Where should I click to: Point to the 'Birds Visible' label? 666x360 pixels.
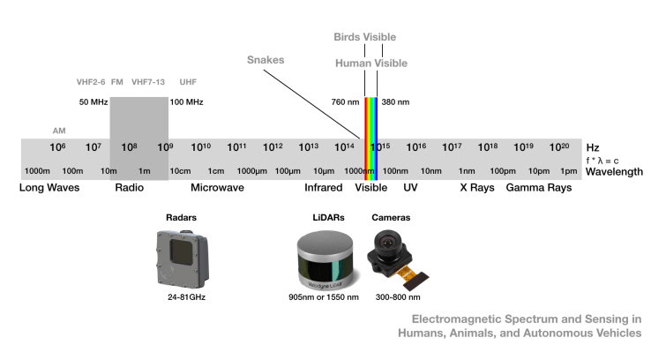click(364, 37)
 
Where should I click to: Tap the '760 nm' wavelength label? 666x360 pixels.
click(344, 102)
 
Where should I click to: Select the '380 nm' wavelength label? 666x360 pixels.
click(395, 102)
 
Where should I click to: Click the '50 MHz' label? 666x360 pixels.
click(94, 102)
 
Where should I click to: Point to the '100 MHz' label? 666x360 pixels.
click(186, 102)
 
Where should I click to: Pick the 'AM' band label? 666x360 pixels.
click(59, 131)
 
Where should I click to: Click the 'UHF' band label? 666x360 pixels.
click(188, 82)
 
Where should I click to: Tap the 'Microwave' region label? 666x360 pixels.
click(217, 188)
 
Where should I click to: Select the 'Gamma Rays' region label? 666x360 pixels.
click(538, 188)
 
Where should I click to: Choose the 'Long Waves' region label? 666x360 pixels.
click(49, 188)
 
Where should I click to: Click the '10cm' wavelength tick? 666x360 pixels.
click(180, 170)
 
